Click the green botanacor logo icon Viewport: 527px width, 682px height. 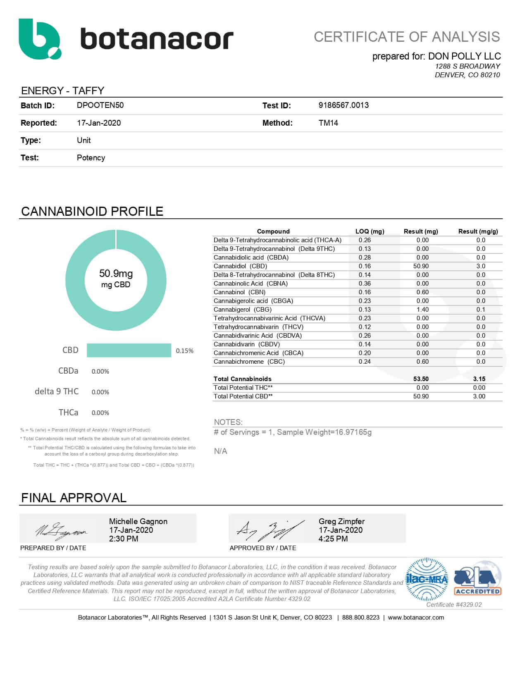(39, 39)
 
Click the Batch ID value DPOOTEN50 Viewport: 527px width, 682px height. (100, 105)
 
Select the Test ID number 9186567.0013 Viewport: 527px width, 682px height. (343, 105)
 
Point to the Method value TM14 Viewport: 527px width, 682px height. (328, 123)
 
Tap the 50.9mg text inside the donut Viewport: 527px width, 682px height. (116, 273)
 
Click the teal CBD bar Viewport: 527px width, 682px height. (129, 350)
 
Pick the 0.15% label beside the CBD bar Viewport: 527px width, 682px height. (184, 351)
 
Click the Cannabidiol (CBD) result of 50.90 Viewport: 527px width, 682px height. (421, 266)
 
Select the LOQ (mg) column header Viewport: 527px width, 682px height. (370, 231)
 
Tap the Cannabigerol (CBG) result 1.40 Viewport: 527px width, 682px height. (422, 310)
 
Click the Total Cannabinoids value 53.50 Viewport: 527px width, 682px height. (421, 379)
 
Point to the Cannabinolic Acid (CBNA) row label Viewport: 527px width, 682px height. (250, 284)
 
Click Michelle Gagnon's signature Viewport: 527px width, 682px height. (61, 530)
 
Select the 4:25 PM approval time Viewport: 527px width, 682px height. (333, 539)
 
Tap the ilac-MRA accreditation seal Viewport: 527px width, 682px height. (427, 579)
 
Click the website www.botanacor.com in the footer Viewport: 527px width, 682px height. (416, 618)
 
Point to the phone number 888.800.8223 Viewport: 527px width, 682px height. (360, 618)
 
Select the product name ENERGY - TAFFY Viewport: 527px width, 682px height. (63, 91)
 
